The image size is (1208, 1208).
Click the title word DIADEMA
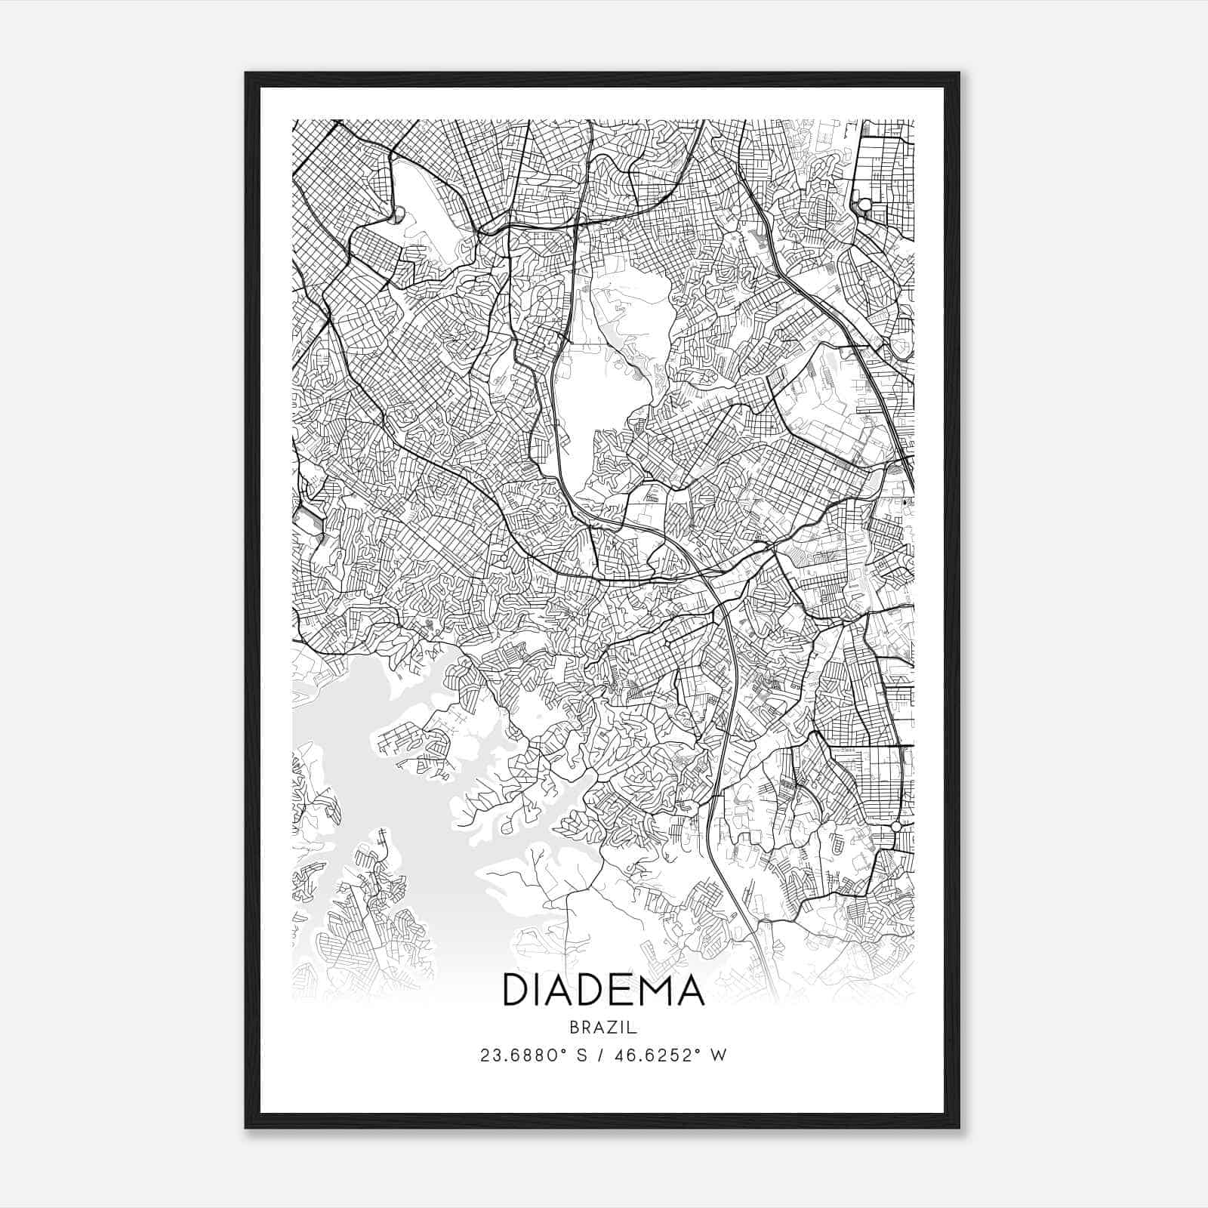[603, 991]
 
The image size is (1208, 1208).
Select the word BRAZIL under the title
[603, 1028]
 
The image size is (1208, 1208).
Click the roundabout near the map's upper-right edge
[863, 205]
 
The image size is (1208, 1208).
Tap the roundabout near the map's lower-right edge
[895, 827]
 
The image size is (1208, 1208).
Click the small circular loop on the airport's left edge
[396, 218]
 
